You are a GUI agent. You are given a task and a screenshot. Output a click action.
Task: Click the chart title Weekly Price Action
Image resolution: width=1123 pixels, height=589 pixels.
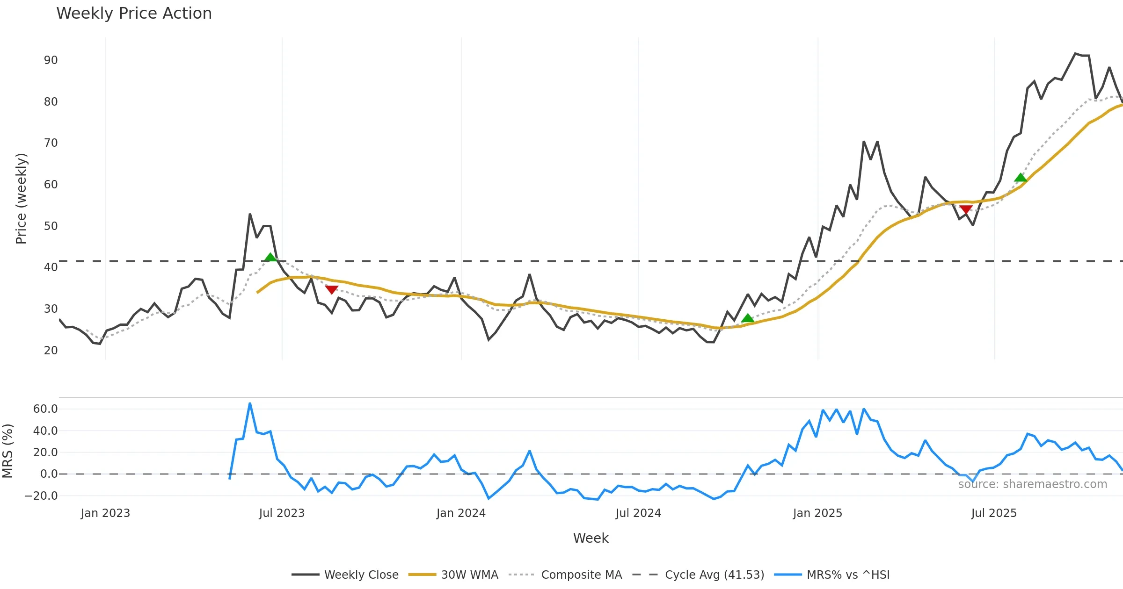(x=134, y=14)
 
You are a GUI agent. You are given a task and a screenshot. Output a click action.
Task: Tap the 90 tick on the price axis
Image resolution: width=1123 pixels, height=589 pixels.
(x=51, y=60)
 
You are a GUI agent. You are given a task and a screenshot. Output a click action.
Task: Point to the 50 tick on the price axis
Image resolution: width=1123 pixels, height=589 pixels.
(x=51, y=226)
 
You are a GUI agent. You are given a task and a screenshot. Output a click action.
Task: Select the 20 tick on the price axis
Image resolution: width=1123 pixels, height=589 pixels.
(x=51, y=351)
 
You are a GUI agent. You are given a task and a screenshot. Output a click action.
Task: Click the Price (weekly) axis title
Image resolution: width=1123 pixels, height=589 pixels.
(x=21, y=199)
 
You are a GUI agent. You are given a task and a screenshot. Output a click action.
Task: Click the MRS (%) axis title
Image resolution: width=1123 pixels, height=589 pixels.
(x=7, y=451)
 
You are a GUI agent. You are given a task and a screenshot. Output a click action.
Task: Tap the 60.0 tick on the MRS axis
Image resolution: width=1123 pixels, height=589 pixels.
(x=45, y=409)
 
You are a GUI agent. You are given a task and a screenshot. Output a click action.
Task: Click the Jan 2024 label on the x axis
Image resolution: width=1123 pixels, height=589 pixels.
(x=461, y=513)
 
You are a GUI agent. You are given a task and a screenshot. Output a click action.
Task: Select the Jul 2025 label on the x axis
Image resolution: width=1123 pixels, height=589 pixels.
(x=994, y=513)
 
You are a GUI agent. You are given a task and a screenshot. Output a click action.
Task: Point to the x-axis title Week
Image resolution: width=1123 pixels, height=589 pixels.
(x=591, y=539)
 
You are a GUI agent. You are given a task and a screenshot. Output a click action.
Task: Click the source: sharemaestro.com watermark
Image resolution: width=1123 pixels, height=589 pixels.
(x=1032, y=484)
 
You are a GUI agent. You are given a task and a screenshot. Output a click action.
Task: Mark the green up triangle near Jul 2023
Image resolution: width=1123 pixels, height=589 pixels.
(x=270, y=257)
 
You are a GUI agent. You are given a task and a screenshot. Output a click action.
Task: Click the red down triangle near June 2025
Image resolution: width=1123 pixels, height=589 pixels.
(x=966, y=209)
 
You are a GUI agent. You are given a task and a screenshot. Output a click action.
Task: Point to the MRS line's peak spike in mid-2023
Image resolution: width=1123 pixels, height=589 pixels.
(x=250, y=403)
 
